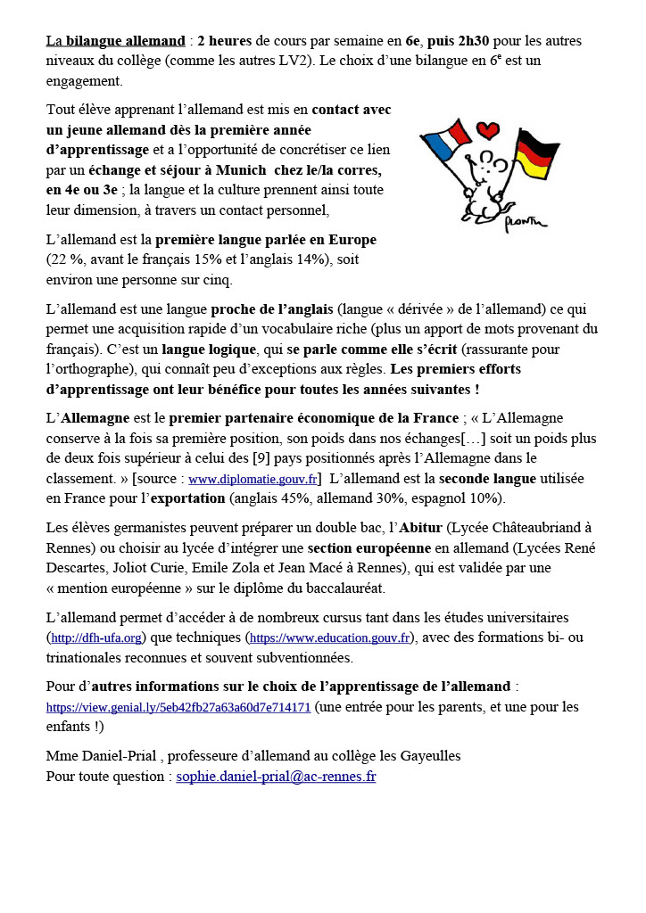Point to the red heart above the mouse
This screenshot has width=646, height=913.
tap(487, 131)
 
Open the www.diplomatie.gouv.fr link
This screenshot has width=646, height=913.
tap(253, 478)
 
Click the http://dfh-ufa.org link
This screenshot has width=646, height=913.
tap(97, 638)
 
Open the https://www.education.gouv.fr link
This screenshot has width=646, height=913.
tap(329, 638)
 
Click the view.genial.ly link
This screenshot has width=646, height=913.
tap(178, 708)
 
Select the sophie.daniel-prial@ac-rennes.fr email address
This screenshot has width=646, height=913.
tap(276, 777)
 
